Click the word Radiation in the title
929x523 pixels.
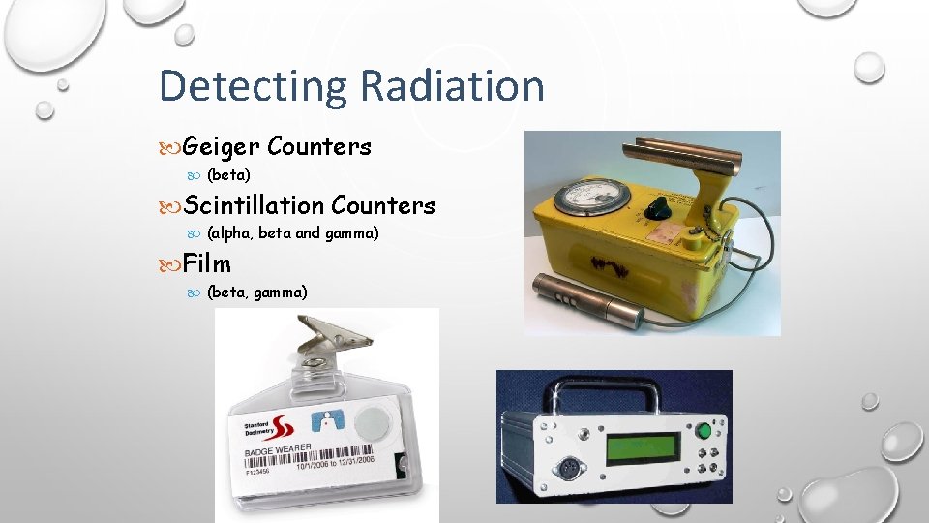click(x=452, y=85)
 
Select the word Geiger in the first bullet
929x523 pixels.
click(x=221, y=147)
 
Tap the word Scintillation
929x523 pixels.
click(x=254, y=205)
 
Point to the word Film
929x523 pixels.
click(x=207, y=262)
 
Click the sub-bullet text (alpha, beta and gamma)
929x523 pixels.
click(x=293, y=233)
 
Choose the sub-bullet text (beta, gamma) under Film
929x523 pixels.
click(x=257, y=291)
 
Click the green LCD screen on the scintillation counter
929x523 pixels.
click(x=641, y=448)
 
